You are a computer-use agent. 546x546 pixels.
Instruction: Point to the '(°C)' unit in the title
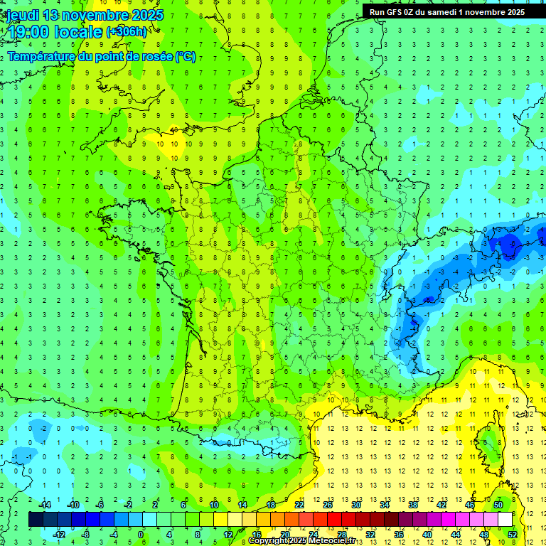click(x=185, y=57)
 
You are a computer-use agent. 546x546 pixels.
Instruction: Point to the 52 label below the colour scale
click(x=513, y=535)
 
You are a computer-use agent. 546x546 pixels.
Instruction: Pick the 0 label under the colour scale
click(x=141, y=535)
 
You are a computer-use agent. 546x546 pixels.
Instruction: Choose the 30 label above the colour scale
click(x=355, y=505)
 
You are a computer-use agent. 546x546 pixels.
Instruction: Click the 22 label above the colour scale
click(x=299, y=505)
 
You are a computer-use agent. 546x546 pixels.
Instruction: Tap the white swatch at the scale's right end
click(x=505, y=520)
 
